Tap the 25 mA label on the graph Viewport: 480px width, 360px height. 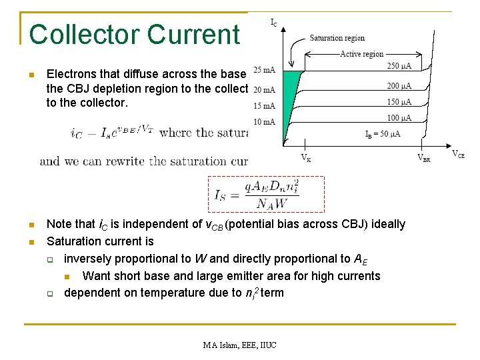click(x=265, y=69)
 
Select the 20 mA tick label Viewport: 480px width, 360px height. click(x=265, y=89)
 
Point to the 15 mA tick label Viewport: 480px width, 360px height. click(x=265, y=105)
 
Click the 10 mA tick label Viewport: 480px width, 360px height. click(x=265, y=121)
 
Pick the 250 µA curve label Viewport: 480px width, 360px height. click(x=399, y=66)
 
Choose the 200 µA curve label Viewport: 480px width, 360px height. click(x=399, y=85)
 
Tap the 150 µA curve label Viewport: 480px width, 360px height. click(x=399, y=102)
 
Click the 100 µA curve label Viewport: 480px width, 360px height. click(x=399, y=118)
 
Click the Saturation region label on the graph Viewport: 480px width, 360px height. click(x=337, y=38)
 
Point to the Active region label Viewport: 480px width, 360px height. click(x=362, y=54)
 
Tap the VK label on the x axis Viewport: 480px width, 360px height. click(x=305, y=158)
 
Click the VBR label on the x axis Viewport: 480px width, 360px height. click(x=425, y=158)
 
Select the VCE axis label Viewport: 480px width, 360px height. click(x=459, y=154)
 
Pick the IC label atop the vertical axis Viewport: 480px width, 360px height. click(x=274, y=22)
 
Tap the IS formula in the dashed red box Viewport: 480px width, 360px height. click(x=266, y=194)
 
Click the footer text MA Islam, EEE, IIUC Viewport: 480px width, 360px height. click(x=240, y=345)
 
